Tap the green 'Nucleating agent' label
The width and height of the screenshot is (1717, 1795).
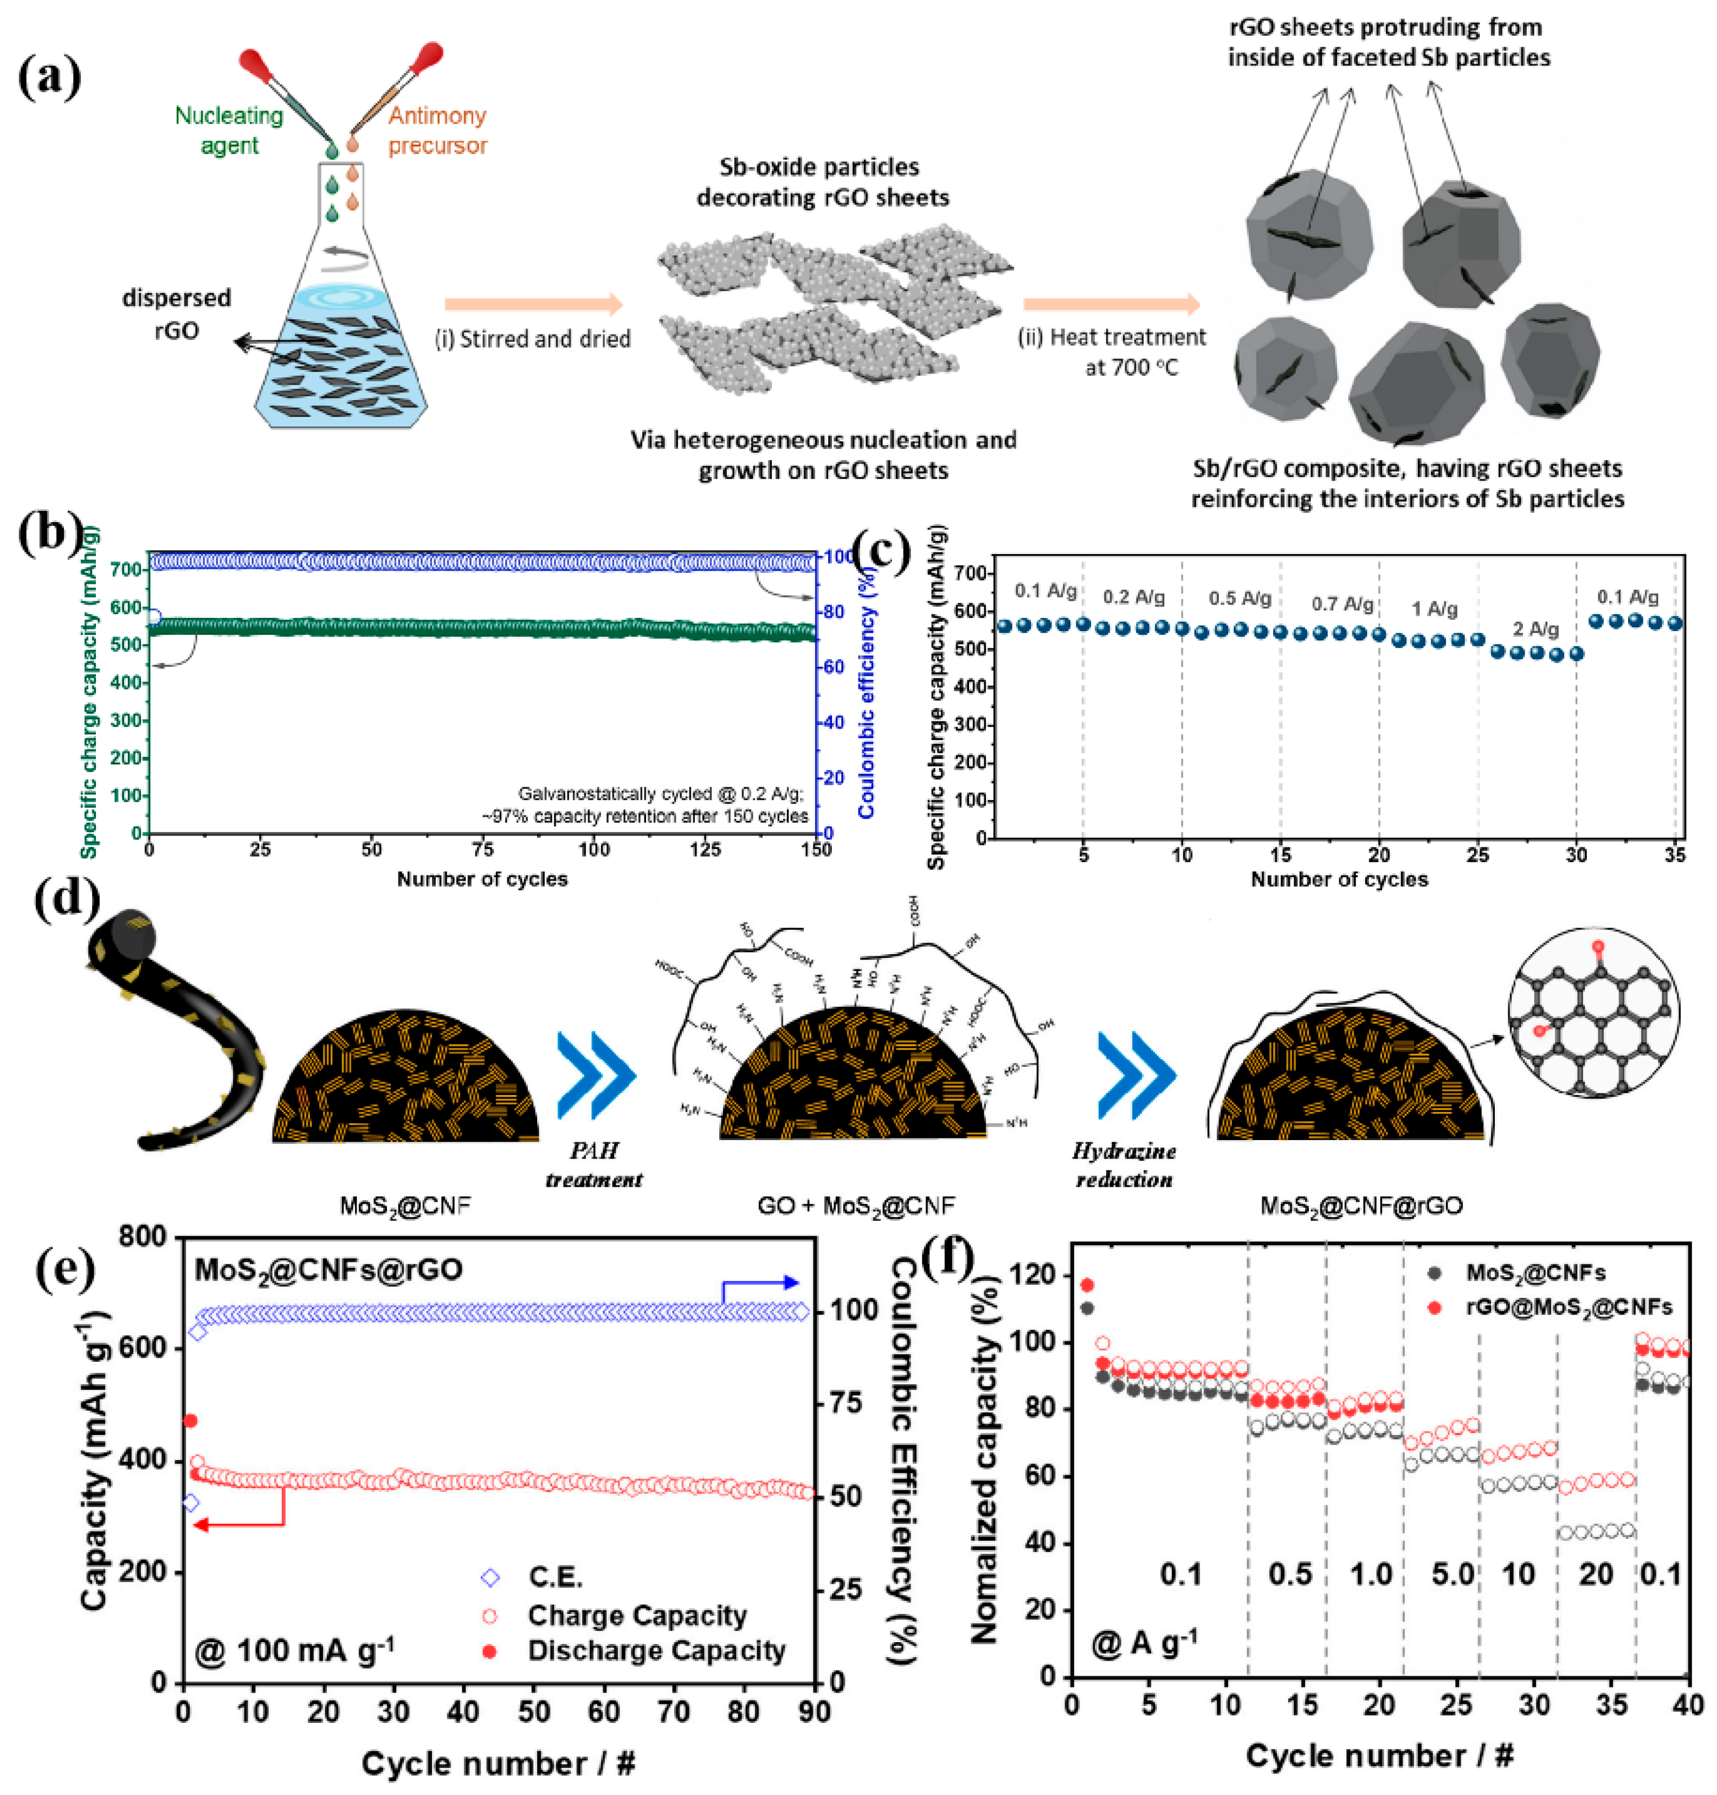[229, 130]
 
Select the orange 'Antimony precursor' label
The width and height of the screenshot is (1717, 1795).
[437, 130]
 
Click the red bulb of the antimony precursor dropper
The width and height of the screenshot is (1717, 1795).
[428, 57]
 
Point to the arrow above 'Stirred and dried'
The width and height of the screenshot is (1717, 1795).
[533, 305]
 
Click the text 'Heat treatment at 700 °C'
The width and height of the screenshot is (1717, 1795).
[1112, 352]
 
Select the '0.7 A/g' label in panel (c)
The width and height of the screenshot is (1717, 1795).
[1342, 604]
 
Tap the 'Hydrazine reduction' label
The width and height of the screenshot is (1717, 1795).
[1124, 1165]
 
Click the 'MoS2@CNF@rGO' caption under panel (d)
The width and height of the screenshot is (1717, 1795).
[1361, 1206]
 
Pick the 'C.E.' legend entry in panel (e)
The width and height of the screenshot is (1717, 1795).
[554, 1577]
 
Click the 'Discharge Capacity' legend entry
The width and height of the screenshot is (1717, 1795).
[655, 1650]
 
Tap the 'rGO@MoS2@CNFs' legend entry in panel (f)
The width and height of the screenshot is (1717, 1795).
[1568, 1307]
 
